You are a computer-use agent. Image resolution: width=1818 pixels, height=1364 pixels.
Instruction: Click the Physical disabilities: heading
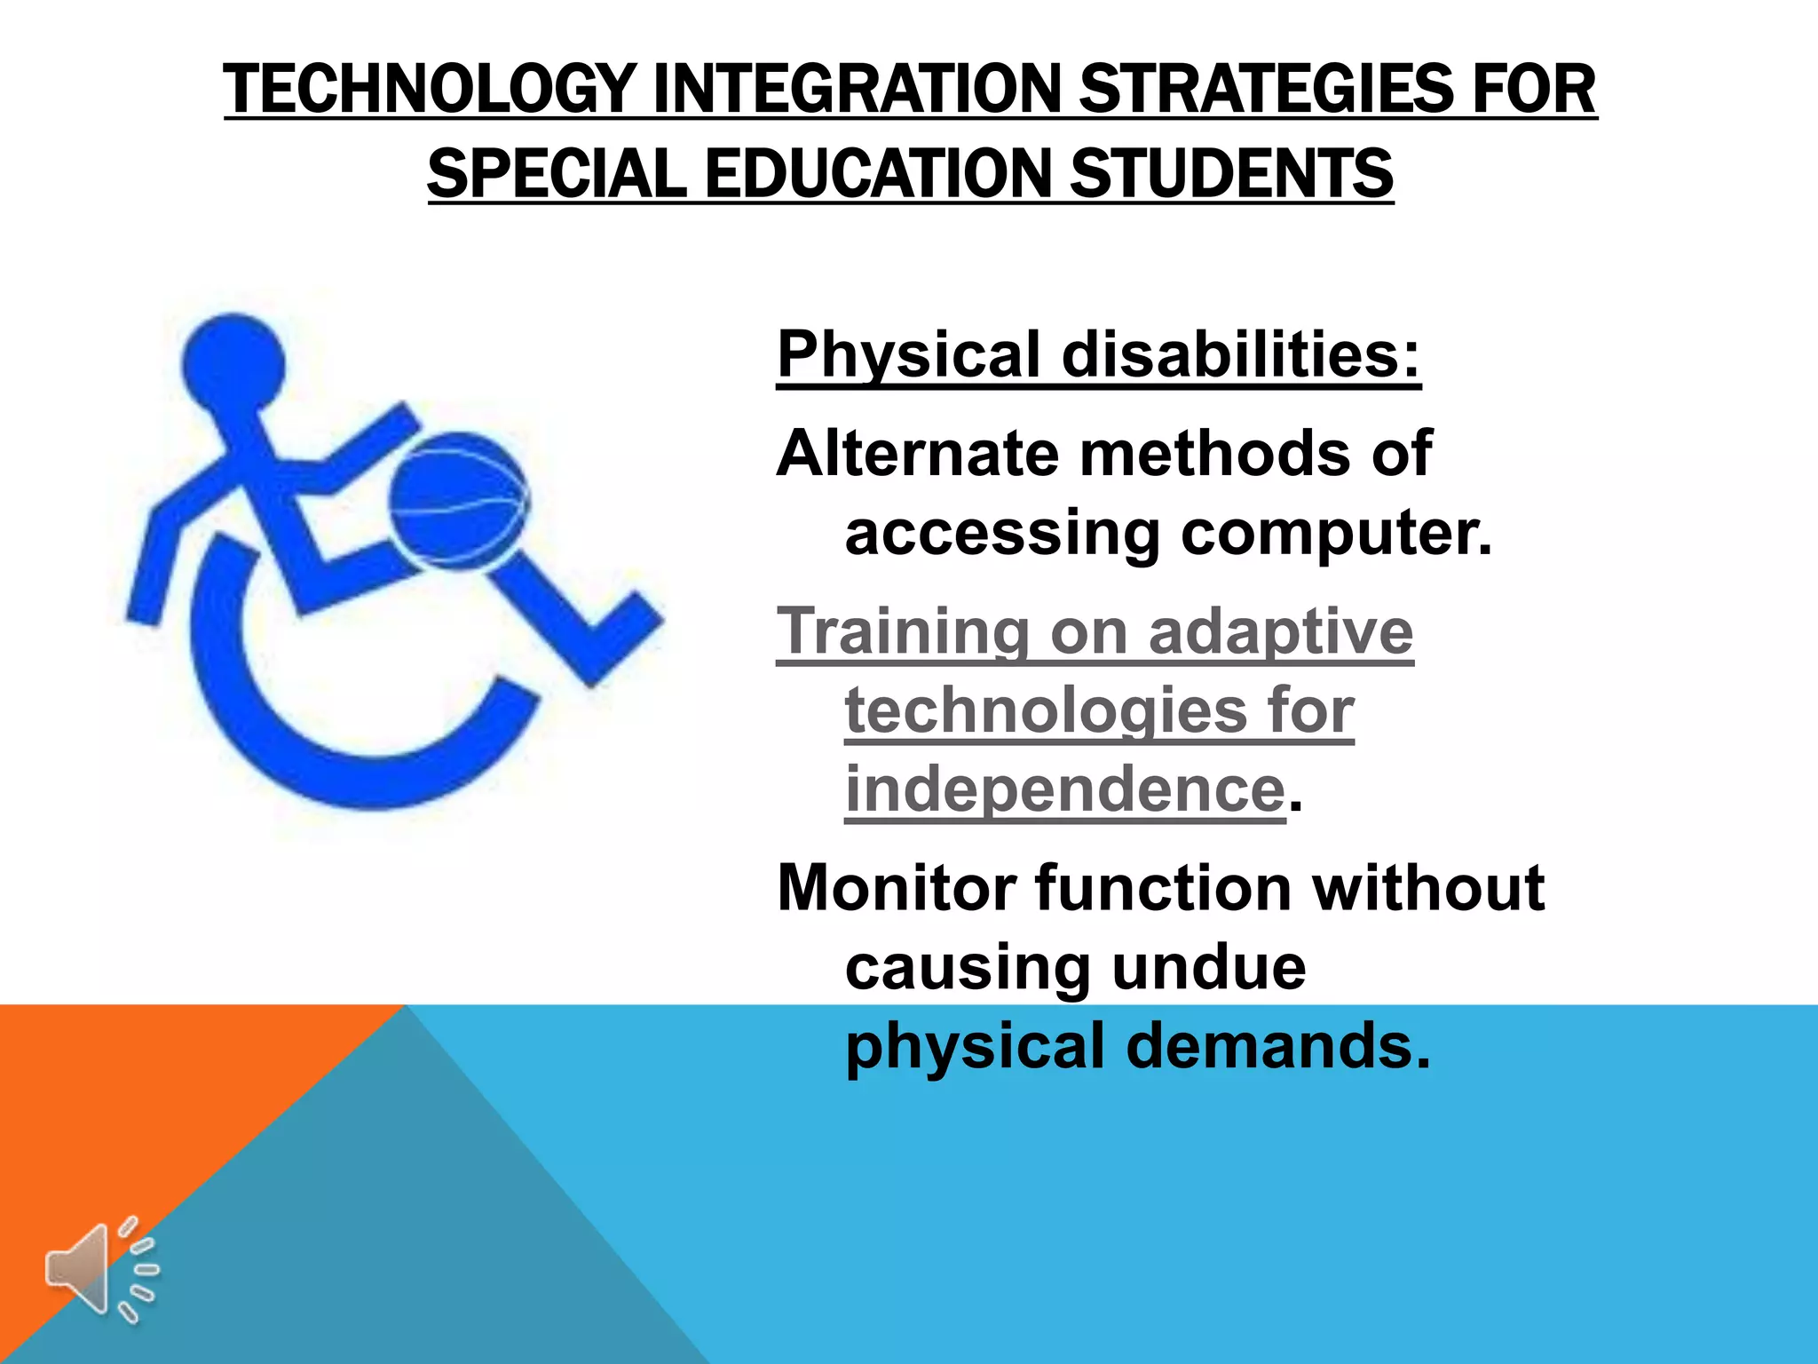[1099, 354]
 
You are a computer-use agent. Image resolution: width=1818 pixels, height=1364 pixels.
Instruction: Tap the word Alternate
[917, 454]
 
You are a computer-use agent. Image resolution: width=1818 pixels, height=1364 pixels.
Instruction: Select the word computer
[1336, 534]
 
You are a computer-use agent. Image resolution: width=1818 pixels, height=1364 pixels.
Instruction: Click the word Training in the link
[902, 631]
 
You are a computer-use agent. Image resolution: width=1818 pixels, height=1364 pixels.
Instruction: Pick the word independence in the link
[1064, 789]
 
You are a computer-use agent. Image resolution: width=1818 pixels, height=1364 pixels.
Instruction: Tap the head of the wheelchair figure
[233, 362]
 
